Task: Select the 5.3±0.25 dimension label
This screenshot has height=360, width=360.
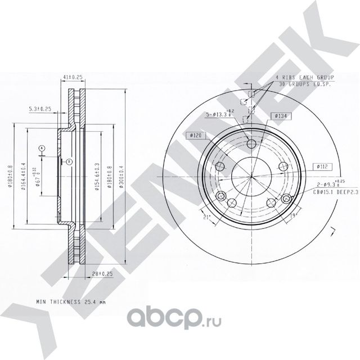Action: click(40, 109)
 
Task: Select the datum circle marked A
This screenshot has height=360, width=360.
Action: click(41, 148)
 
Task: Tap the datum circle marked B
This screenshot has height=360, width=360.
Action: click(69, 161)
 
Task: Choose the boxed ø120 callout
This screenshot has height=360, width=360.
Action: click(196, 135)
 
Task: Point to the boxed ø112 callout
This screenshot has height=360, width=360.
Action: click(322, 166)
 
